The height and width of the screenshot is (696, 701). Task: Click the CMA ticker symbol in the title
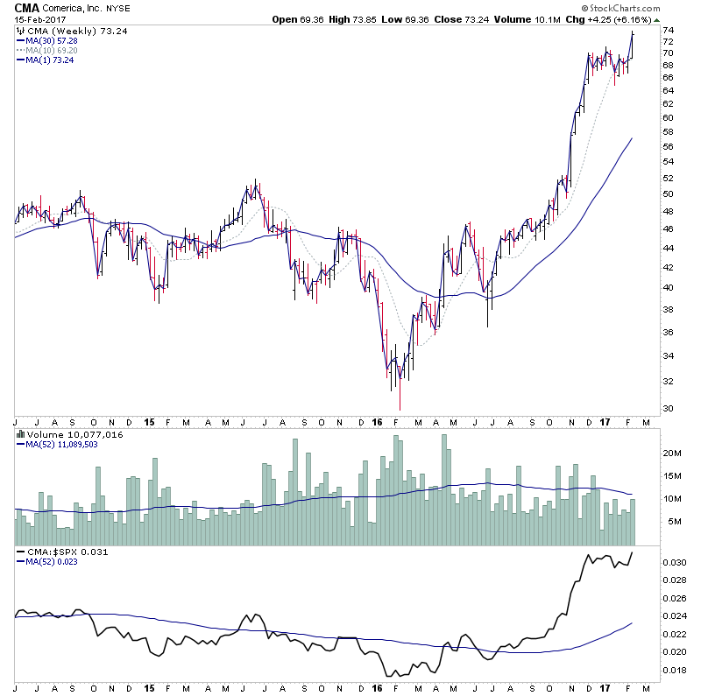tap(27, 7)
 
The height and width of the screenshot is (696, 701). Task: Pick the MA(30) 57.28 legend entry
tap(48, 40)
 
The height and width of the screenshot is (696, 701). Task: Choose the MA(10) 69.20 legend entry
tap(48, 50)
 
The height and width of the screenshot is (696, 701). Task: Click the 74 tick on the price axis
tap(667, 30)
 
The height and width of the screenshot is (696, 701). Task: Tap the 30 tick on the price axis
tap(667, 409)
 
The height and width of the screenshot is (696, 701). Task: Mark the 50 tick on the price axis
tap(667, 193)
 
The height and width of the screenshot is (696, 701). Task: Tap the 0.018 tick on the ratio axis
tap(673, 671)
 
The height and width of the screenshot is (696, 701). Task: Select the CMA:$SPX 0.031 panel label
tap(61, 552)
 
